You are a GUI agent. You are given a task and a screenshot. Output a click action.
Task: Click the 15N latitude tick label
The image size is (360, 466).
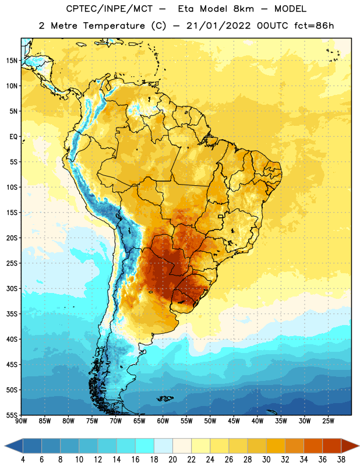tap(12, 61)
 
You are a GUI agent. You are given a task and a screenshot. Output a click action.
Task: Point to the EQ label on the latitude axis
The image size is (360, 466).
tap(13, 137)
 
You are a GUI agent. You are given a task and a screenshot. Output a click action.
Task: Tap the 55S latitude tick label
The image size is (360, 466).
tap(12, 415)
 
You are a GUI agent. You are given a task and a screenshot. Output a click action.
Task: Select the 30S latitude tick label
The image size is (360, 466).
tap(12, 288)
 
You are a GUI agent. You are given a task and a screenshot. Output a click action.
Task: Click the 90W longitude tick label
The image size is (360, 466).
tap(21, 421)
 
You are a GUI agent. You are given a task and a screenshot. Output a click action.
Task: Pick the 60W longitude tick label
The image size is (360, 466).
tap(163, 421)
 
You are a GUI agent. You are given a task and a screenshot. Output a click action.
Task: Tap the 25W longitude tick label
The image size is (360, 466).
tap(328, 421)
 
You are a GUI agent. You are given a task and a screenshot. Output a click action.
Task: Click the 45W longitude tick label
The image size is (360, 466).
tap(234, 421)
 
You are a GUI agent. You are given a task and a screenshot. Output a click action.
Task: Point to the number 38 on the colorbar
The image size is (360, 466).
tap(341, 460)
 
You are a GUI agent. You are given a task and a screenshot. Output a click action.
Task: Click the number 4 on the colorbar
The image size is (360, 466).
tap(23, 460)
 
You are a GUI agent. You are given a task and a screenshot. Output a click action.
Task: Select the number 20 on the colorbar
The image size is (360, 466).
tap(172, 460)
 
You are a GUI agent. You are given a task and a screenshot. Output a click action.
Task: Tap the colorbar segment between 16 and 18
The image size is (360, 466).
tap(144, 446)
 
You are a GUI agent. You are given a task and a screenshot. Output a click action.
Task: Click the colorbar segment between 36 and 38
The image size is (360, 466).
tap(332, 446)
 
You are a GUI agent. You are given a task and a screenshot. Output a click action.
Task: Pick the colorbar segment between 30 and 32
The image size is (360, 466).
tap(276, 446)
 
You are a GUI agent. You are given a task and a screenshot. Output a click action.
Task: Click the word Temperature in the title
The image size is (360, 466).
tap(114, 26)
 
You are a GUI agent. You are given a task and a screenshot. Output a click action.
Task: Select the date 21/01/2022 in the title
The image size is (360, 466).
tap(218, 26)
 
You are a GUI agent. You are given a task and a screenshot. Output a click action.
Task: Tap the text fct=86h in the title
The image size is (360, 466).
tap(314, 26)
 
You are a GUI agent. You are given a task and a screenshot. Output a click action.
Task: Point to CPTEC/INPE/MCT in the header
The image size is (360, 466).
tap(110, 9)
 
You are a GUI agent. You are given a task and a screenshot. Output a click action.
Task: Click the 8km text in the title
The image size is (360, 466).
tap(243, 9)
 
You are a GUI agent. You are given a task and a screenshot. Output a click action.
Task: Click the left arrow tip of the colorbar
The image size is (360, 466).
tap(5, 446)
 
